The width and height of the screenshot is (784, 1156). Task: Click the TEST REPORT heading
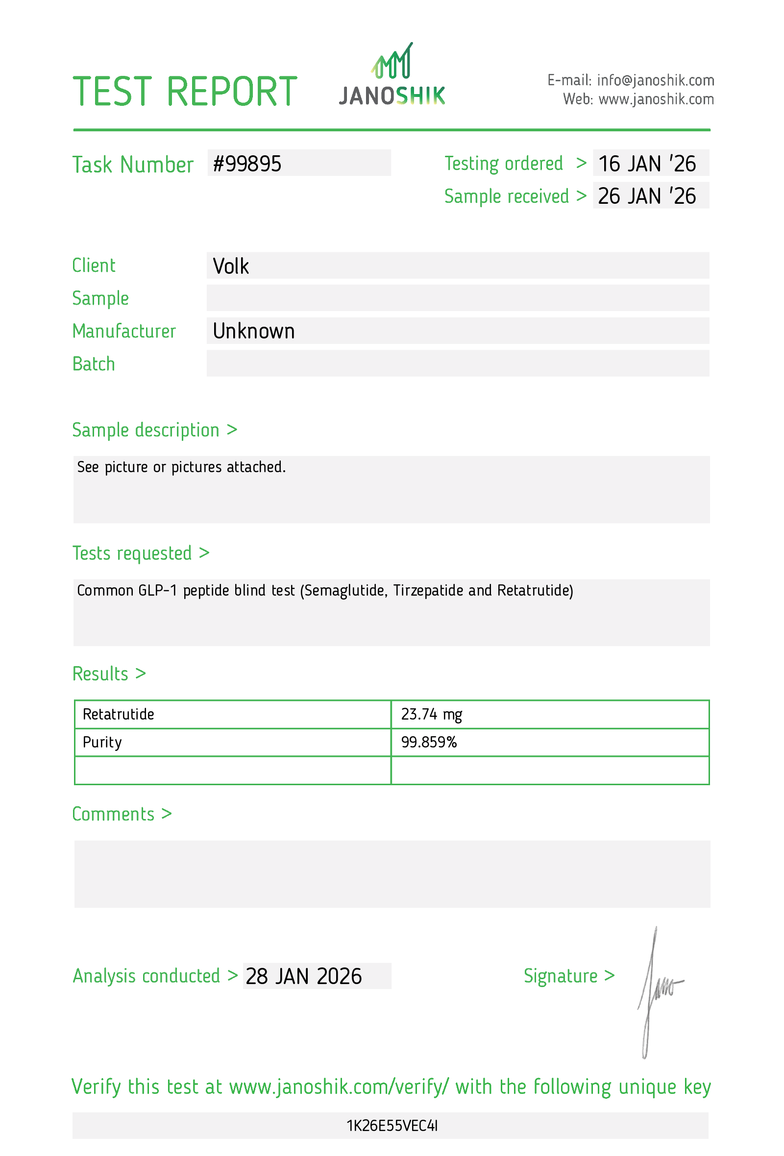pyautogui.click(x=185, y=92)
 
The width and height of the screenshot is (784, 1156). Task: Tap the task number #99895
pyautogui.click(x=247, y=164)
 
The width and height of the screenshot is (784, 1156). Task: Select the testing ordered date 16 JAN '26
pyautogui.click(x=647, y=164)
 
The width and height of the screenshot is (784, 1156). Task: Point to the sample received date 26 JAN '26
pyautogui.click(x=647, y=196)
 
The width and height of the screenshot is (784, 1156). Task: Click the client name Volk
pyautogui.click(x=231, y=266)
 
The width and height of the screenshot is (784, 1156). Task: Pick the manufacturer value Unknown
pyautogui.click(x=254, y=331)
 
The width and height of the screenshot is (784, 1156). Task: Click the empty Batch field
pyautogui.click(x=458, y=363)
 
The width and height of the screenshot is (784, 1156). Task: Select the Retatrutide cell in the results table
pyautogui.click(x=119, y=715)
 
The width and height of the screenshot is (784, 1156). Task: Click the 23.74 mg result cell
pyautogui.click(x=431, y=715)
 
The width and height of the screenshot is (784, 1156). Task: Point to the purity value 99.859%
pyautogui.click(x=429, y=743)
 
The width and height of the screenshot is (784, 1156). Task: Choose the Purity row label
pyautogui.click(x=102, y=743)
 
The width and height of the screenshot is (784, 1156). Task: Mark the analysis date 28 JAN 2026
pyautogui.click(x=303, y=976)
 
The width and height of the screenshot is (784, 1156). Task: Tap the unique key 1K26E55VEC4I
pyautogui.click(x=392, y=1126)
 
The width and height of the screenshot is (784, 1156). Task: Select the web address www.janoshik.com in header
pyautogui.click(x=656, y=99)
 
